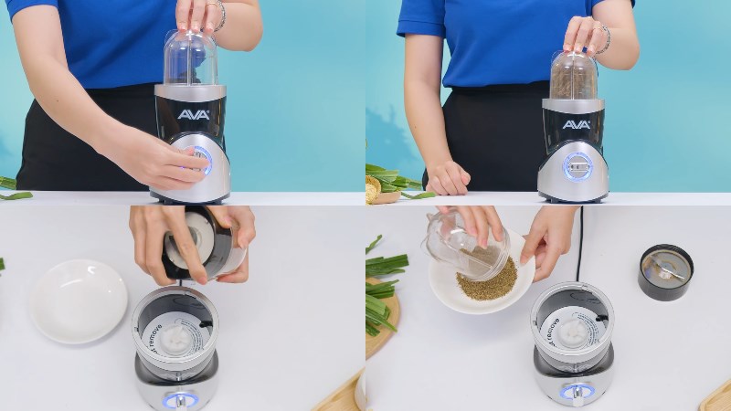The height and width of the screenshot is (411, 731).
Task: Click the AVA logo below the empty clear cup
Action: click(194, 115)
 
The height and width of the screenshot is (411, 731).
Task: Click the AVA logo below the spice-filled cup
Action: click(576, 124)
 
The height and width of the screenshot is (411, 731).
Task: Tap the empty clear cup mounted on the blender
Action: click(190, 58)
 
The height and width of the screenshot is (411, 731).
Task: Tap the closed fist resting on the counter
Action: click(448, 177)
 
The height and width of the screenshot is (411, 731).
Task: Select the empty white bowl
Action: click(79, 300)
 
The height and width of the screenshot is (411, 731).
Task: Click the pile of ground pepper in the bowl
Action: click(486, 279)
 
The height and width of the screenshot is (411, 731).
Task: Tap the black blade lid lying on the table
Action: click(665, 271)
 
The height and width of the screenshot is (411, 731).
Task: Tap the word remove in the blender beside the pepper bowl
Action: click(546, 326)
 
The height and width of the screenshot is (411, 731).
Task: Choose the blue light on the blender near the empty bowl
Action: click(179, 400)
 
